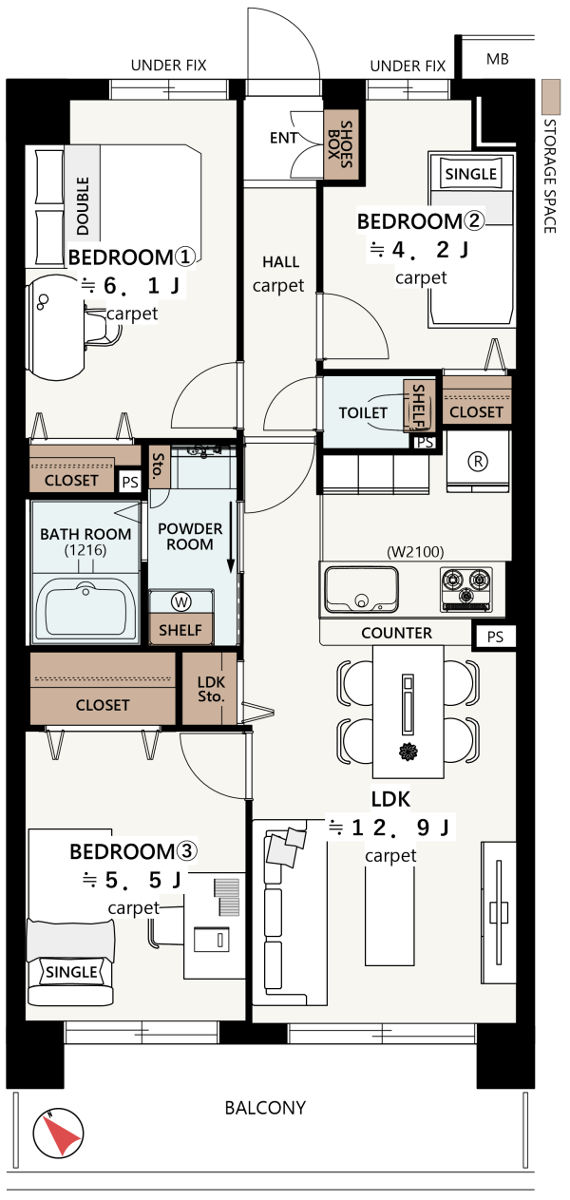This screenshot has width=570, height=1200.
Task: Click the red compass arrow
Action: [x=61, y=1134]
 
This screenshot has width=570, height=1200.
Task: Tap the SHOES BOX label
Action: [x=340, y=144]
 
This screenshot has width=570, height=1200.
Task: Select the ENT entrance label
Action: [x=283, y=138]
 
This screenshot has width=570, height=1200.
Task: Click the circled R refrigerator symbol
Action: [x=478, y=461]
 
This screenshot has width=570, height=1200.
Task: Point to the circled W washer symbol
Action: [x=181, y=601]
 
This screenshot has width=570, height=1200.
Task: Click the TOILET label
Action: [x=363, y=412]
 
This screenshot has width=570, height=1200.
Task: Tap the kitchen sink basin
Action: [x=362, y=589]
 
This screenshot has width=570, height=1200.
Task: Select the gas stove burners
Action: [x=465, y=589]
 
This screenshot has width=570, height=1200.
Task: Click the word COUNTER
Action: [x=396, y=633]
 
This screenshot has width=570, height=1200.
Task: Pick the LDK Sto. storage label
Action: [x=211, y=690]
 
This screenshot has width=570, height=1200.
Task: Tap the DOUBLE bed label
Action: [x=83, y=206]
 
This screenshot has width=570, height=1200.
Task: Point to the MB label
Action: [x=497, y=59]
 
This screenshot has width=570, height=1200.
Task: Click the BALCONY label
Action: [x=265, y=1107]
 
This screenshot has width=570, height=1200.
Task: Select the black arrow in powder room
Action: [x=231, y=538]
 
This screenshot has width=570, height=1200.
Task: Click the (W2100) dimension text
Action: [x=415, y=551]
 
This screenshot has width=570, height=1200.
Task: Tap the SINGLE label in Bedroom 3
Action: [x=71, y=972]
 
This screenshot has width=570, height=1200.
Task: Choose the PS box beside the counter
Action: [x=495, y=637]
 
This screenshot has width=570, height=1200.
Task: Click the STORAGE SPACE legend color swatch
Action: [x=550, y=97]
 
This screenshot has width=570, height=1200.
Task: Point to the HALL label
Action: [x=280, y=262]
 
